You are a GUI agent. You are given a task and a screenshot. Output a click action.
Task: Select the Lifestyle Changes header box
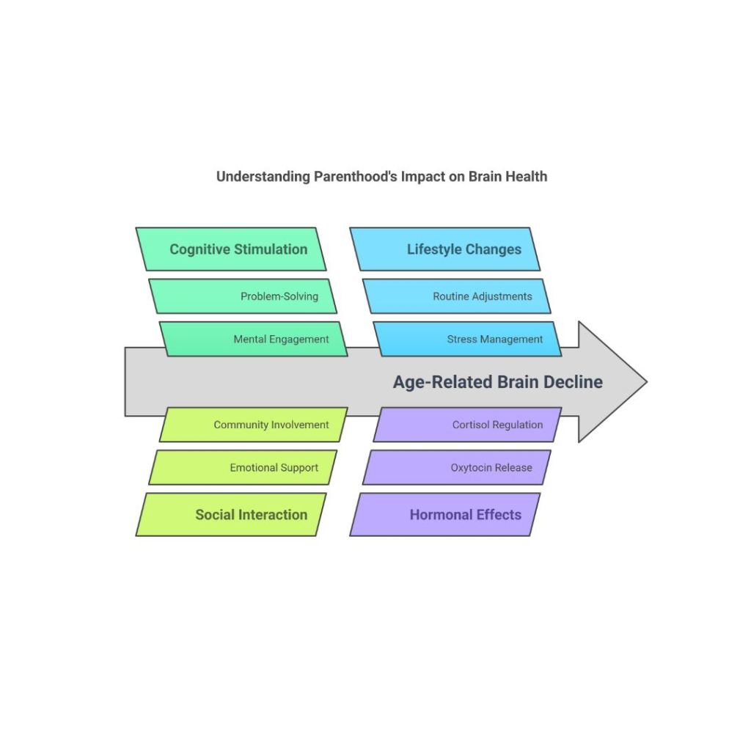point(445,249)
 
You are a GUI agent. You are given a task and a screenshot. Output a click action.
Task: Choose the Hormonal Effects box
point(445,514)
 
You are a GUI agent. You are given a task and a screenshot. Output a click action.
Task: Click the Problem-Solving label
point(279,296)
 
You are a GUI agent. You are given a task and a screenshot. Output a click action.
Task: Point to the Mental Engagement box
point(254,339)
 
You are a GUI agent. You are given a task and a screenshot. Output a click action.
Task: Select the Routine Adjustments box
point(456,296)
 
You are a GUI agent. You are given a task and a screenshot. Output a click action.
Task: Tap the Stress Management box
point(468,339)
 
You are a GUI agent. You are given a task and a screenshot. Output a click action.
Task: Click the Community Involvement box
point(254,425)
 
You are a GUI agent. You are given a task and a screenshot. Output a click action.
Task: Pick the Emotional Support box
point(243,467)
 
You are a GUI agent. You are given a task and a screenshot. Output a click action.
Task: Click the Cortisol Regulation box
point(468,425)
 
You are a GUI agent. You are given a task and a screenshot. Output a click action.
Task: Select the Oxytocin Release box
point(456,467)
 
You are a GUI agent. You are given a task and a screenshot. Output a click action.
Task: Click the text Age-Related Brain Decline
point(497,382)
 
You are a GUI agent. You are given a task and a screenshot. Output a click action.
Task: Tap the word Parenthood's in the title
point(356,177)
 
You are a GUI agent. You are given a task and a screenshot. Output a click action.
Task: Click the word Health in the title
point(529,177)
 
